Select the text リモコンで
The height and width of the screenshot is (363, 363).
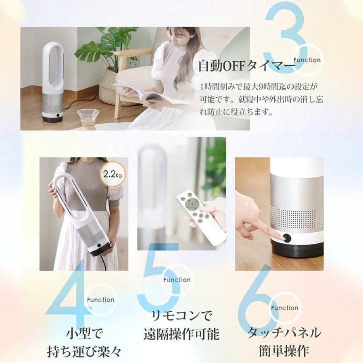coord(181,315)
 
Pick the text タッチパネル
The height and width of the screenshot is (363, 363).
coord(284,333)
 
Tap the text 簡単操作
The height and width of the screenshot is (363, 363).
coord(284,350)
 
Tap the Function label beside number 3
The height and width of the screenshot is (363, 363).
coord(307,60)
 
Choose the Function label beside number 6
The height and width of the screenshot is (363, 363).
coord(285,308)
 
